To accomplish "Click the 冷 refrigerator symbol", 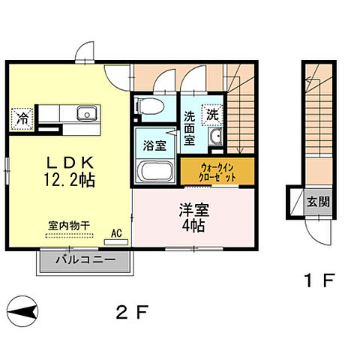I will click(x=22, y=117).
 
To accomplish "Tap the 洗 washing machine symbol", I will click(x=213, y=115).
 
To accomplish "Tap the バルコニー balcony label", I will click(x=85, y=261).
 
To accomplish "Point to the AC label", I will click(x=116, y=233).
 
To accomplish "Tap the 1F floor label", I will click(x=317, y=283).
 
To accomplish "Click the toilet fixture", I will click(x=148, y=106).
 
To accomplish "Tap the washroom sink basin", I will click(x=216, y=137).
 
